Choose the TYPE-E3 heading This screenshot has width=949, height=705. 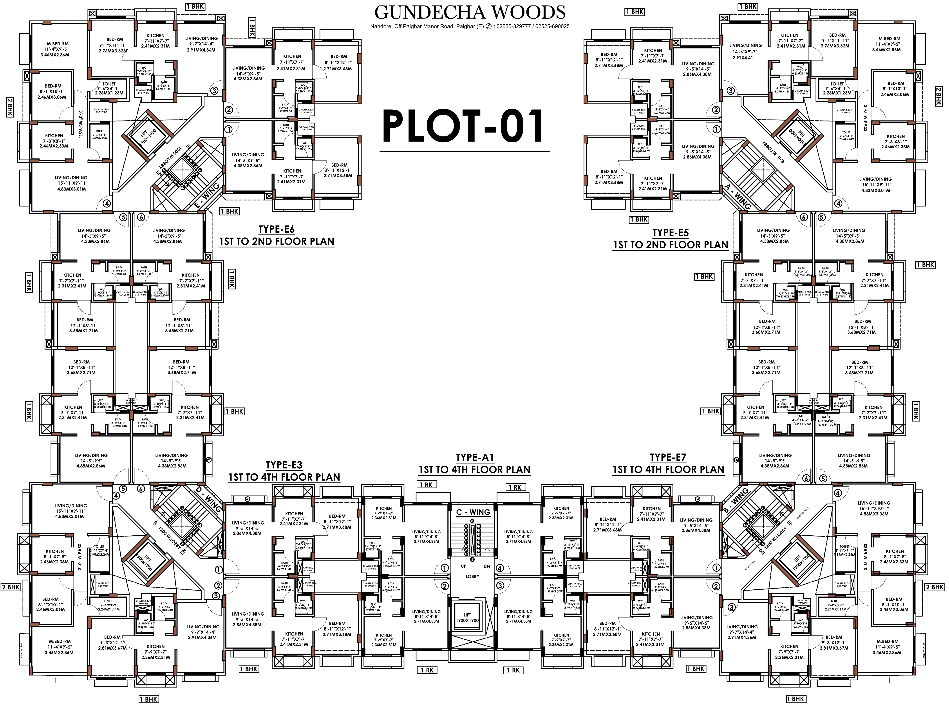(x=284, y=465)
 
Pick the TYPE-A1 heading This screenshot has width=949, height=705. (x=475, y=457)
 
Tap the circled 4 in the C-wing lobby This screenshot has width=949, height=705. (x=500, y=568)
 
